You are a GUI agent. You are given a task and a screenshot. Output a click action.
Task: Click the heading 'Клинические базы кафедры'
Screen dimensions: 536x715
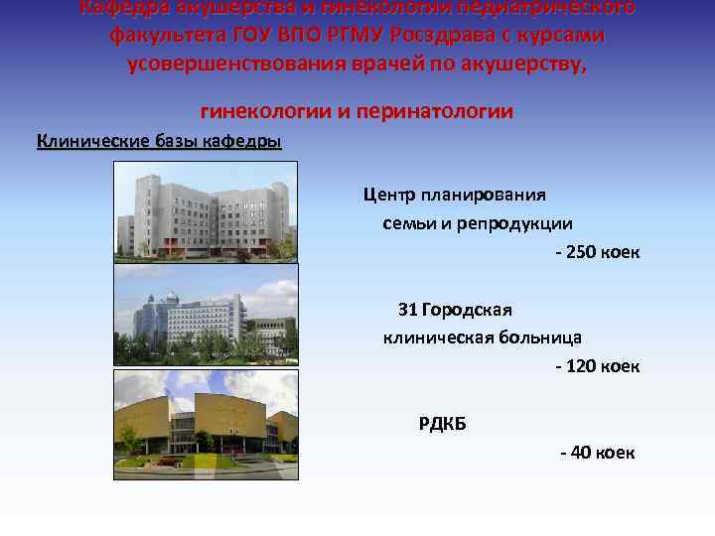point(159,141)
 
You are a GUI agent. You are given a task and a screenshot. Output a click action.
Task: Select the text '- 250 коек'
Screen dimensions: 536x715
point(597,252)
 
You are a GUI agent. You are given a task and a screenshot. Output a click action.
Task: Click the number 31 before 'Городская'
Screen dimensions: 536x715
point(407,310)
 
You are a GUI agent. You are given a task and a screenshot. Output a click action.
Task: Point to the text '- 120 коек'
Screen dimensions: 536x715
point(597,366)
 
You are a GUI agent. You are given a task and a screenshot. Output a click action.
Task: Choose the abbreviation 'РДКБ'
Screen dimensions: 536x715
point(442,424)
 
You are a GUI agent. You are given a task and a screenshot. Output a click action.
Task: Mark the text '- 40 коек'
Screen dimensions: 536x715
point(597,453)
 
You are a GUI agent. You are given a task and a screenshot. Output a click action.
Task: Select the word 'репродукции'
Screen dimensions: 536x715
point(514,223)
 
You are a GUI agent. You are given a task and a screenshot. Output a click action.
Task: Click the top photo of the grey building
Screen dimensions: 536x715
point(206,209)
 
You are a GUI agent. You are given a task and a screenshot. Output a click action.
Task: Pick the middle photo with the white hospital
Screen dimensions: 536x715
point(206,316)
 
